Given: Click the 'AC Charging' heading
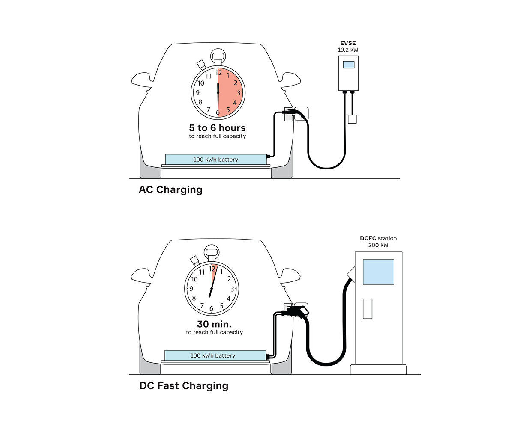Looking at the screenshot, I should click(x=170, y=189).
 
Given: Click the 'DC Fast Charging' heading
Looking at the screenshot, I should click(x=184, y=386).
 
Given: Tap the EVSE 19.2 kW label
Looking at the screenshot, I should click(x=348, y=47).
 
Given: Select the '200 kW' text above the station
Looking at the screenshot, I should click(x=378, y=245).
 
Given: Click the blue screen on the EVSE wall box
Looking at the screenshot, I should click(x=349, y=65).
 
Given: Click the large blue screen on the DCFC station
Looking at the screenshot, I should click(x=378, y=272).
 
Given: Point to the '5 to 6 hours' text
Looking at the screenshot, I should click(x=218, y=128).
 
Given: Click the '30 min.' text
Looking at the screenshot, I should click(x=214, y=324).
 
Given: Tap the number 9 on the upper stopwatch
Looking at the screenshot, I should click(x=197, y=92).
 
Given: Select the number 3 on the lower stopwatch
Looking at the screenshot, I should click(x=232, y=289).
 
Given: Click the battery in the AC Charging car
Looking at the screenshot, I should click(x=215, y=160).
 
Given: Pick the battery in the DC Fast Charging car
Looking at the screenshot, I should click(x=213, y=355).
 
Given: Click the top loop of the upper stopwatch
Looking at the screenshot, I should click(x=218, y=55).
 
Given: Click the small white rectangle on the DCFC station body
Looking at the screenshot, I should click(x=368, y=308).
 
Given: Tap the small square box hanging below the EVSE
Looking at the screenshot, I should click(x=352, y=119).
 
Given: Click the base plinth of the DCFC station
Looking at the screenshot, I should click(x=378, y=370).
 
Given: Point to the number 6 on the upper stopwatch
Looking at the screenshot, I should click(x=218, y=112).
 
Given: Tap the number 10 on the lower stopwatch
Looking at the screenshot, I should click(x=194, y=279).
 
